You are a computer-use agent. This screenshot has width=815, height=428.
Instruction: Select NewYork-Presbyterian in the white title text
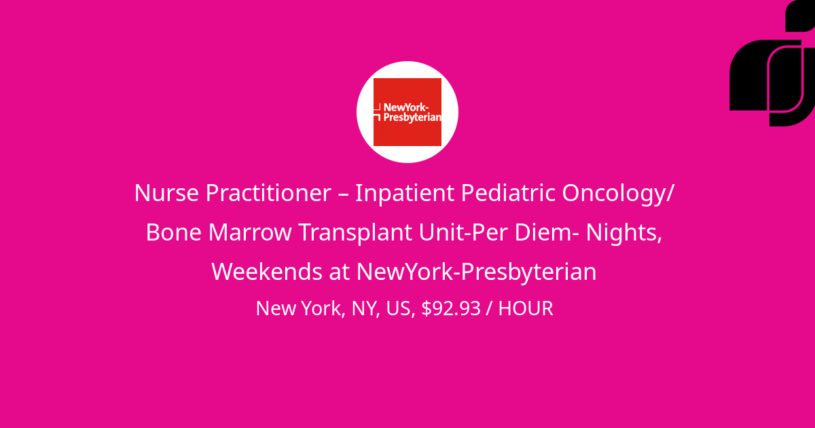[476, 272]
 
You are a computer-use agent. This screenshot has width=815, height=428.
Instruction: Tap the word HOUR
[526, 308]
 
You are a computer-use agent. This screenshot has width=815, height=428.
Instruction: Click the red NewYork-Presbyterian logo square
[407, 112]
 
